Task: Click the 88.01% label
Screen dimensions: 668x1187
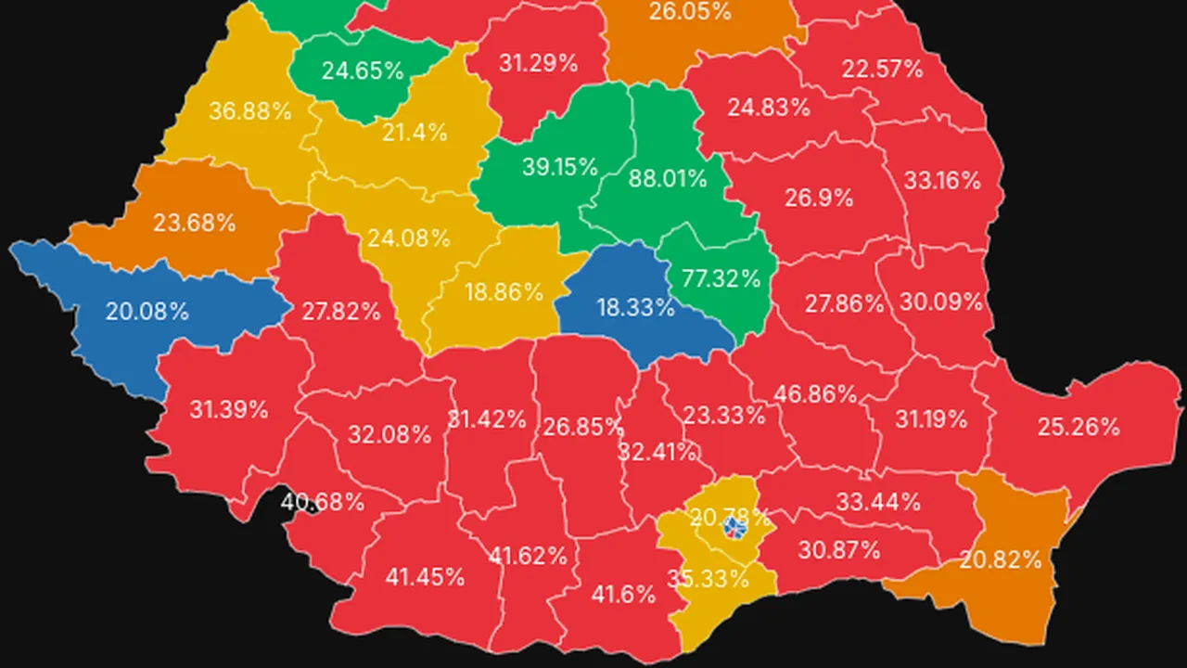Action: (x=668, y=178)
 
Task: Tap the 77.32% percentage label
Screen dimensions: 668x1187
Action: (x=721, y=278)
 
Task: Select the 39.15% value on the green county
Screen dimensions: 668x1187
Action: (x=559, y=167)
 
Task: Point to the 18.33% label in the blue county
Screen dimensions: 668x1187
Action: (x=635, y=308)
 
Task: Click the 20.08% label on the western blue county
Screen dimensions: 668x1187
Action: (x=147, y=312)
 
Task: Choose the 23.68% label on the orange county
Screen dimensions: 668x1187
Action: (x=195, y=224)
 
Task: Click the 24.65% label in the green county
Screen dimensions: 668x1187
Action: (x=363, y=71)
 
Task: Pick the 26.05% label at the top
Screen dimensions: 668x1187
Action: (x=690, y=12)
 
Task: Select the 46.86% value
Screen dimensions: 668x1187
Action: (x=816, y=393)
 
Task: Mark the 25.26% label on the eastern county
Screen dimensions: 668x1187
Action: (x=1079, y=428)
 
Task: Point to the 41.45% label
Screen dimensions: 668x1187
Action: (x=425, y=577)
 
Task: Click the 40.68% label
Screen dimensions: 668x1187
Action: (x=323, y=503)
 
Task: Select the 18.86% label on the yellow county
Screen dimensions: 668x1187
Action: (x=504, y=292)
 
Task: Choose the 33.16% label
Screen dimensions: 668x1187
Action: (x=942, y=180)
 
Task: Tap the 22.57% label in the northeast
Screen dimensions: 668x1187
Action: (x=883, y=69)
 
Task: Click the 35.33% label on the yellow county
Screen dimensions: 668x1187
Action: (x=708, y=579)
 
